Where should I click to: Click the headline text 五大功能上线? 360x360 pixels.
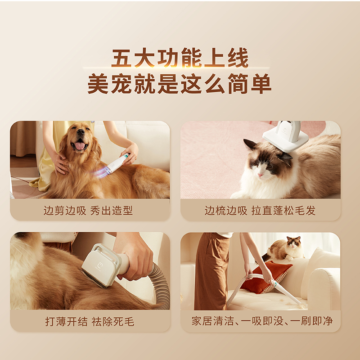(x=180, y=59)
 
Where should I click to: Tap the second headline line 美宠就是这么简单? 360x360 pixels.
(x=180, y=84)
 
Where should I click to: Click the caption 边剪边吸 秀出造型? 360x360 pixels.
(x=88, y=210)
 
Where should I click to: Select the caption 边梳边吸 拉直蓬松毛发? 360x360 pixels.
(x=260, y=210)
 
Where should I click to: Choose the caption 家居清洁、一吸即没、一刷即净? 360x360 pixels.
(x=262, y=321)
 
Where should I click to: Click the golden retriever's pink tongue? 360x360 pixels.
(x=80, y=146)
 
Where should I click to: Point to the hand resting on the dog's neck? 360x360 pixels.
(x=59, y=162)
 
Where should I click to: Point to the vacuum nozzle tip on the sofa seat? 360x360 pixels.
(x=297, y=301)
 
